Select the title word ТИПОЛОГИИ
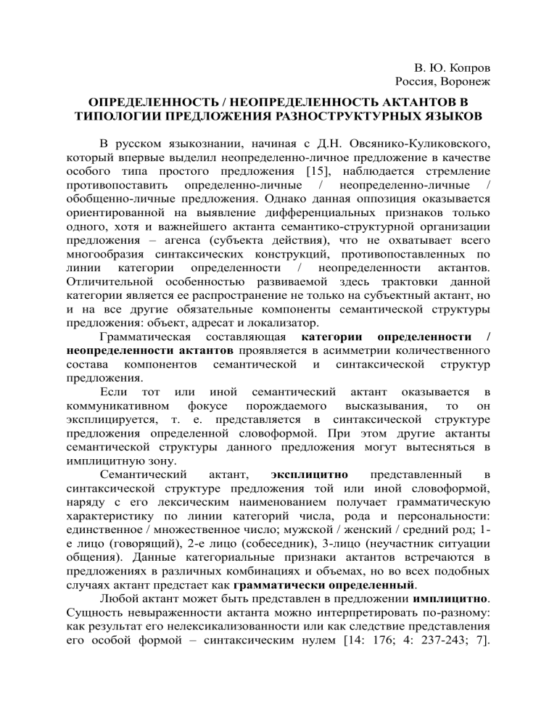112,116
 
